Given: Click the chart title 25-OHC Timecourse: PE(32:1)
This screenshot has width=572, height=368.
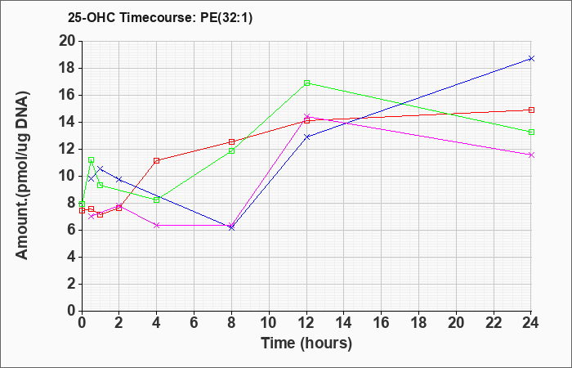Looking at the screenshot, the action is tap(160, 18).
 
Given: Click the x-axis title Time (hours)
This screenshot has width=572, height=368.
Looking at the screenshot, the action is tap(306, 343).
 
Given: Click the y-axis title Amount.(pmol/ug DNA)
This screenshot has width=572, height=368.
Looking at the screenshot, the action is tap(22, 175).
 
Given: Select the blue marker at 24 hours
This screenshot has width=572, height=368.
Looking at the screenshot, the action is tap(531, 58).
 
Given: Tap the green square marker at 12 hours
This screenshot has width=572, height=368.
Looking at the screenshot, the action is tap(306, 83).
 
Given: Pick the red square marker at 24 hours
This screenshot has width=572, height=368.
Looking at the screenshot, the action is tap(531, 110).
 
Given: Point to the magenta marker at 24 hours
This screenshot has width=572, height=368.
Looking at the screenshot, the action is tap(531, 155).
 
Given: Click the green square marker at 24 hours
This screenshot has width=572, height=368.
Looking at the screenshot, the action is tap(531, 132).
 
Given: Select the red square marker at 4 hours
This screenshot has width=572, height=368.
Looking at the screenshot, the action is tap(157, 160).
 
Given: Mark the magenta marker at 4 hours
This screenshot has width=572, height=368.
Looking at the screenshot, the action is tap(157, 225).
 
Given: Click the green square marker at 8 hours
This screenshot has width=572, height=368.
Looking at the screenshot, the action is tap(231, 150).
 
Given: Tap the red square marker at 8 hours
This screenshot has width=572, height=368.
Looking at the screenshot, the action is tap(231, 141).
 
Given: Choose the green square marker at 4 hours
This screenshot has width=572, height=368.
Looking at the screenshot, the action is tap(157, 200).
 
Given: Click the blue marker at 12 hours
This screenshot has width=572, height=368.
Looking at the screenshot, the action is tap(306, 137).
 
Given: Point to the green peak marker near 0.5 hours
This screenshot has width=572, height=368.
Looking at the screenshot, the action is tap(92, 160).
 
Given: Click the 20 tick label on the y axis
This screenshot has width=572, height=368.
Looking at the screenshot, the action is tap(67, 41).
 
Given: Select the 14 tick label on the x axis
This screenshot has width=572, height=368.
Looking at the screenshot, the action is tap(344, 323).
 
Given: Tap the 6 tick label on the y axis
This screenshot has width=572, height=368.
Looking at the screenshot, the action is tap(72, 230).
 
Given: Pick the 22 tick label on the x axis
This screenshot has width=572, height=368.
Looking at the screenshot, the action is tap(494, 323).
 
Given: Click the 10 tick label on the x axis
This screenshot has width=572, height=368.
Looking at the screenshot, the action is tap(269, 323).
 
